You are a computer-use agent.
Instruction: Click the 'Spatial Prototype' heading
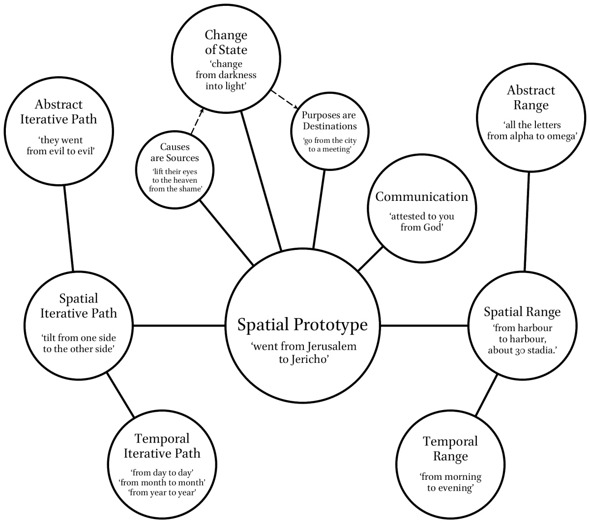(302, 325)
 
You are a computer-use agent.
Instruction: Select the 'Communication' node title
(422, 196)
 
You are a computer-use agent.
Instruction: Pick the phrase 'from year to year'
(162, 493)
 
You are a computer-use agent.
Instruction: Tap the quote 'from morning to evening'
(450, 482)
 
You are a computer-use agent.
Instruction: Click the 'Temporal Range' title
(450, 449)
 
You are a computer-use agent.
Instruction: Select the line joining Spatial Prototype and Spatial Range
(424, 326)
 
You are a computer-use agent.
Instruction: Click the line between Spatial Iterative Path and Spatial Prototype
(178, 326)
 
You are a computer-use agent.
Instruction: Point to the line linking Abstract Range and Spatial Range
(527, 221)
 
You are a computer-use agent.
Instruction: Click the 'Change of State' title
(226, 42)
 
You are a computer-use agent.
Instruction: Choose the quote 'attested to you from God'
(422, 221)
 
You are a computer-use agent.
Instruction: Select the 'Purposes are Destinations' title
(329, 121)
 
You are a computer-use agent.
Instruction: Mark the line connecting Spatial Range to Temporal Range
(486, 395)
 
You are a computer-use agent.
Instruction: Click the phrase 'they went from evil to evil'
(60, 146)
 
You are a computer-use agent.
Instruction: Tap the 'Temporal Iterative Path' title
(162, 445)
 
